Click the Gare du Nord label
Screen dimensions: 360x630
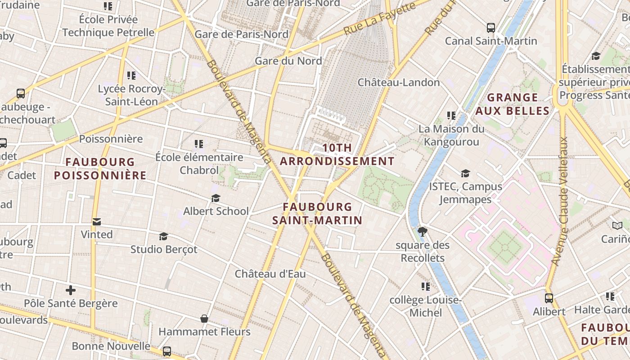288,61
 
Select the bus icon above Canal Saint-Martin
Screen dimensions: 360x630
490,28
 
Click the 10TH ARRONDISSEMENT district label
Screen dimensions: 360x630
337,154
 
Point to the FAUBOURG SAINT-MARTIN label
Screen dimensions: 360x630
317,213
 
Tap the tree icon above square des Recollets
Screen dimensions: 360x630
422,232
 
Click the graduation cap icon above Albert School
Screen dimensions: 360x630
216,198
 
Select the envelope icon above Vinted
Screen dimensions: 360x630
96,221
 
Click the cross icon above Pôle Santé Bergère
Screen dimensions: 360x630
71,290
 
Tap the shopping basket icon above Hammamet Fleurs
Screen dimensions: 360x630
204,319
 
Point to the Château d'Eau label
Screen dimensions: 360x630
270,274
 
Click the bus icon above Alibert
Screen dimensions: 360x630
549,298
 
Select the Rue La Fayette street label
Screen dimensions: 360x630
379,19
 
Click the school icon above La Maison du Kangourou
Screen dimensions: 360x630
451,116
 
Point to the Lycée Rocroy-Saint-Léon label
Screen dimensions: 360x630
131,95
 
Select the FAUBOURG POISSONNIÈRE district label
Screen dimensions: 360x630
100,168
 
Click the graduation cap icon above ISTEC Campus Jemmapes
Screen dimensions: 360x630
465,173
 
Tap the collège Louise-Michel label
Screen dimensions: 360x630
425,306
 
